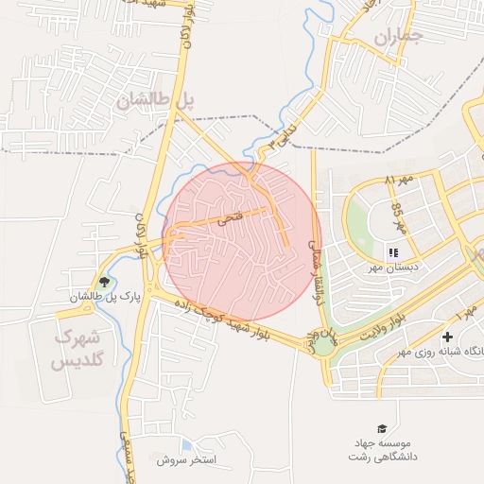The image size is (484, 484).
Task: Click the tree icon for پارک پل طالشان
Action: pyautogui.click(x=104, y=282)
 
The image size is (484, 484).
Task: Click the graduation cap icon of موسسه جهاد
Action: pyautogui.click(x=382, y=428)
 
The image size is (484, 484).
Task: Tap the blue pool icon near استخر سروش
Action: pyautogui.click(x=186, y=444)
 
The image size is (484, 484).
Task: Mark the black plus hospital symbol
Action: pyautogui.click(x=447, y=337)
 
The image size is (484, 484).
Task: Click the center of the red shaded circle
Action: pyautogui.click(x=241, y=242)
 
